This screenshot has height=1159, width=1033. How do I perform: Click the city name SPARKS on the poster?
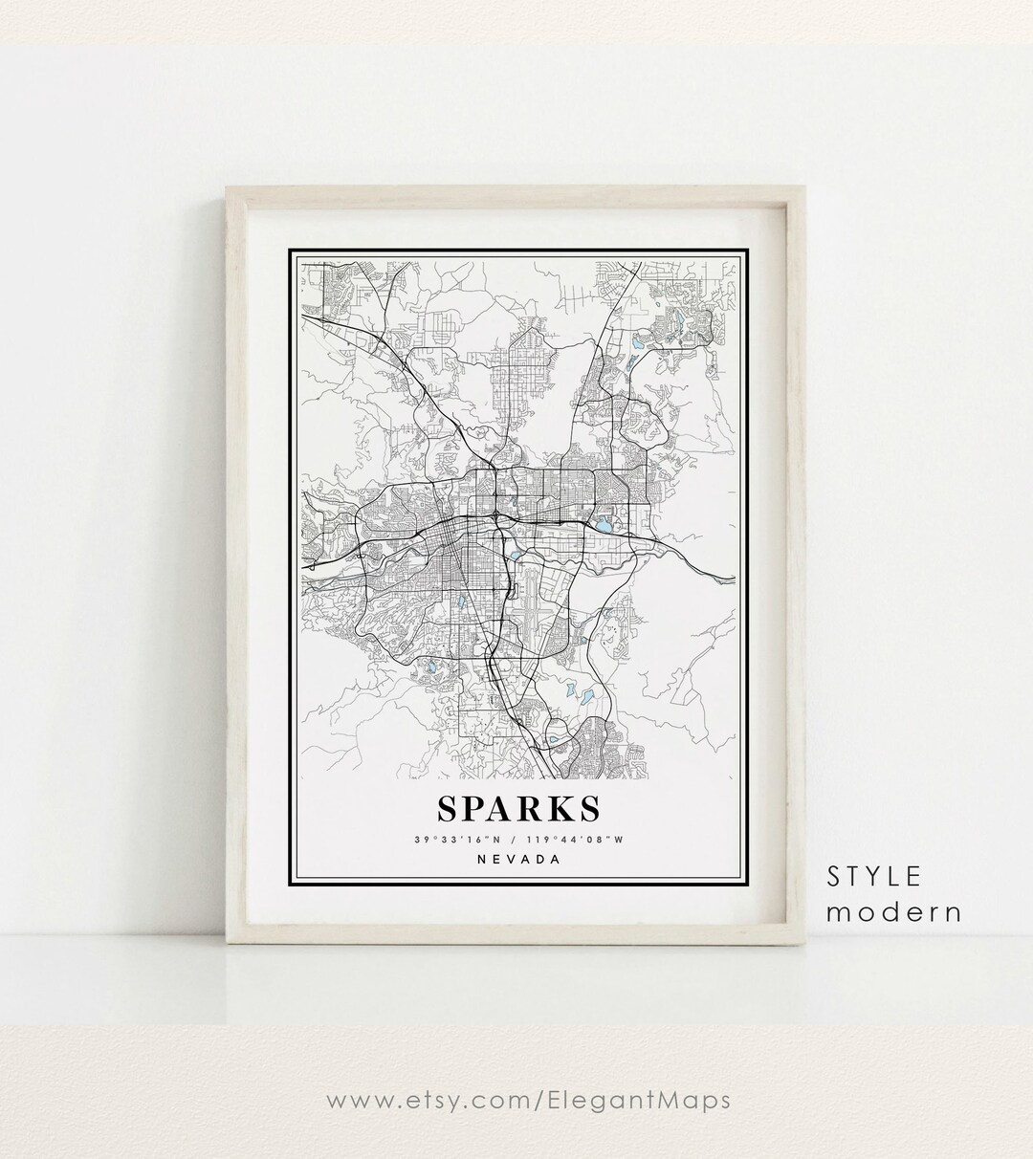pyautogui.click(x=518, y=809)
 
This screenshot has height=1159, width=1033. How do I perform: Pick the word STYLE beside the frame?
pyautogui.click(x=874, y=876)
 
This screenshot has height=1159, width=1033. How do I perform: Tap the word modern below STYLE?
pyautogui.click(x=893, y=911)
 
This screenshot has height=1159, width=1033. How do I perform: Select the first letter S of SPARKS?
pyautogui.click(x=448, y=809)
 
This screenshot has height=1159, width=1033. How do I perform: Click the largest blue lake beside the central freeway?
pyautogui.click(x=604, y=525)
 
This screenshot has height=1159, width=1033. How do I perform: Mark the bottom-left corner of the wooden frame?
pyautogui.click(x=226, y=945)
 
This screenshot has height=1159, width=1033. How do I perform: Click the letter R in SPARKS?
pyautogui.click(x=527, y=809)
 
